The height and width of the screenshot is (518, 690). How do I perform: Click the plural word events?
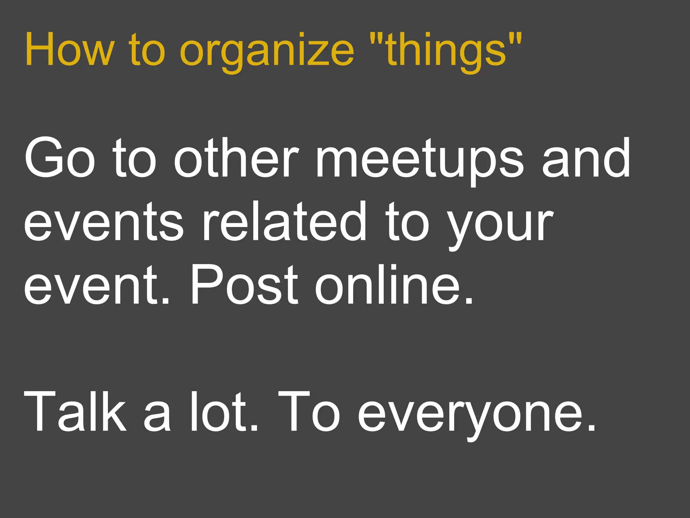(x=103, y=222)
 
